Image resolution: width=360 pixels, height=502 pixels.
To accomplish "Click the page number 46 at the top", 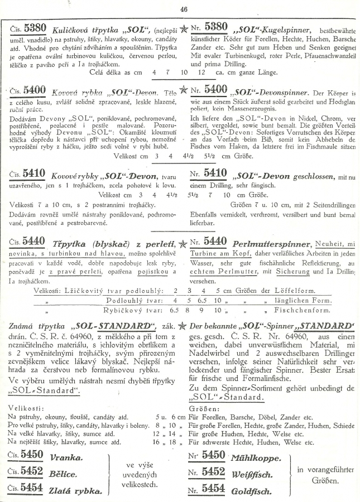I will [184, 8].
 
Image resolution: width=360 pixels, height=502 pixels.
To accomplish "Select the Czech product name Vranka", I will [66, 457].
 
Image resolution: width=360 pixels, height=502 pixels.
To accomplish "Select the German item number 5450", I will [214, 456].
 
